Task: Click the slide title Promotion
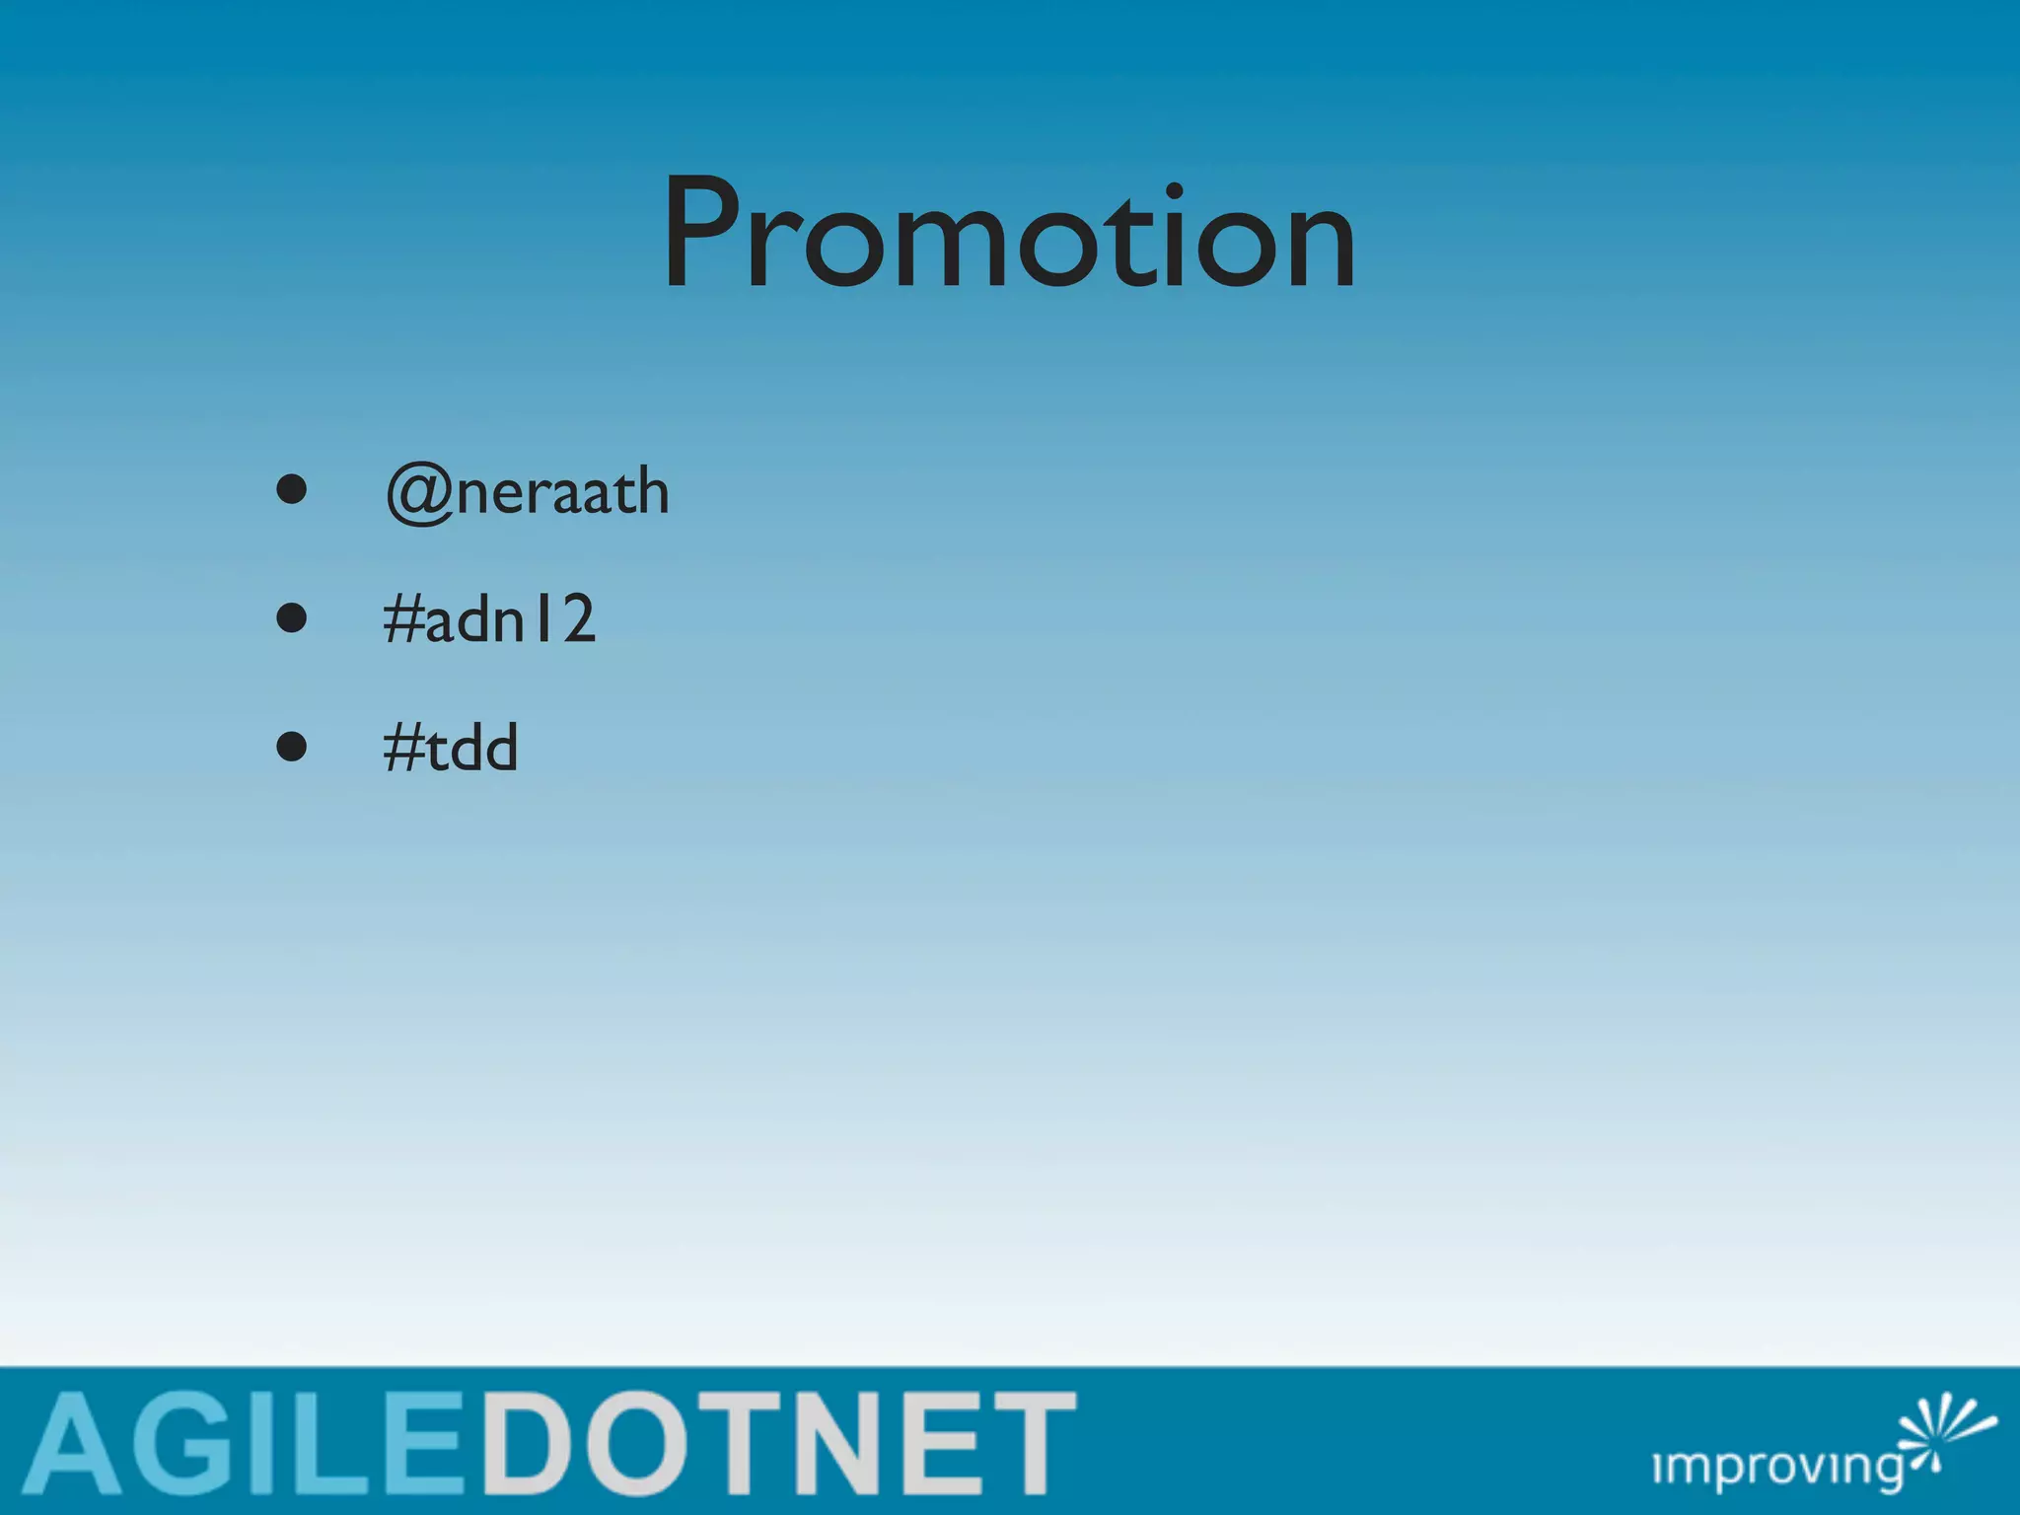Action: pos(1009,235)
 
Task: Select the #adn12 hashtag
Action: pos(489,619)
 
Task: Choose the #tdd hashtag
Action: pos(450,748)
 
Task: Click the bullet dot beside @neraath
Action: pos(291,489)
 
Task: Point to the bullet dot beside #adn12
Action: pos(291,618)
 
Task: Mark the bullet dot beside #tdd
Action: pos(291,747)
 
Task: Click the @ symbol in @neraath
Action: pos(419,493)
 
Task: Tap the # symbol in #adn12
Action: pos(402,620)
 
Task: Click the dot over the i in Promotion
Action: pos(1173,190)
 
